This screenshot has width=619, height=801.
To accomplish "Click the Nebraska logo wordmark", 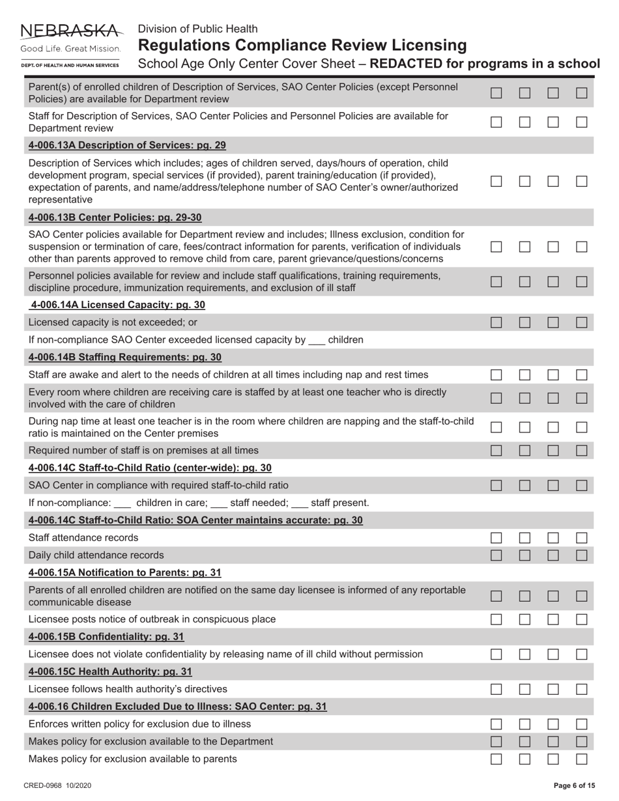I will point(71,31).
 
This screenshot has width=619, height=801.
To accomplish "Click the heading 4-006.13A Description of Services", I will point(127,145).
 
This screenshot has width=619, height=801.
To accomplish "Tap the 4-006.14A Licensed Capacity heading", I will point(117,305).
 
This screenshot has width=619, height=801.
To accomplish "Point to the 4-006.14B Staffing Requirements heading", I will point(125,358).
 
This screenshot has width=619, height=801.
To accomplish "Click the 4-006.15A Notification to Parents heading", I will point(125,572).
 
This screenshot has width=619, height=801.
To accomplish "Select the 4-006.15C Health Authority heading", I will point(110,671).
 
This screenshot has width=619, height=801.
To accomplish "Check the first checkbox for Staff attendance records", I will point(497,538).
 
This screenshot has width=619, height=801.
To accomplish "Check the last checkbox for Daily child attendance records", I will point(582,555).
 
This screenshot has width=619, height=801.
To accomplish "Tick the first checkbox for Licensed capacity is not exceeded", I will point(497,322).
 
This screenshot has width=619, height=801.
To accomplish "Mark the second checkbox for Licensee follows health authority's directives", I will point(525,689).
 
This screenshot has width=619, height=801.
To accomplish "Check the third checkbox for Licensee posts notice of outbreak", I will point(553,619).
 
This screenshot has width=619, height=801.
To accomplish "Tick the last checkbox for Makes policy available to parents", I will point(582,759).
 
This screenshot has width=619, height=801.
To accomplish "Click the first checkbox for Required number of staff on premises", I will point(497,450).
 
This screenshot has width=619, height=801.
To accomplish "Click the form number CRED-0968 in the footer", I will point(57,786).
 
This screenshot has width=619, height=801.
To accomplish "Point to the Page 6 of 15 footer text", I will point(574,786).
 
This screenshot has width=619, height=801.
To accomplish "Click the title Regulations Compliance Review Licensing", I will point(302,46).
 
